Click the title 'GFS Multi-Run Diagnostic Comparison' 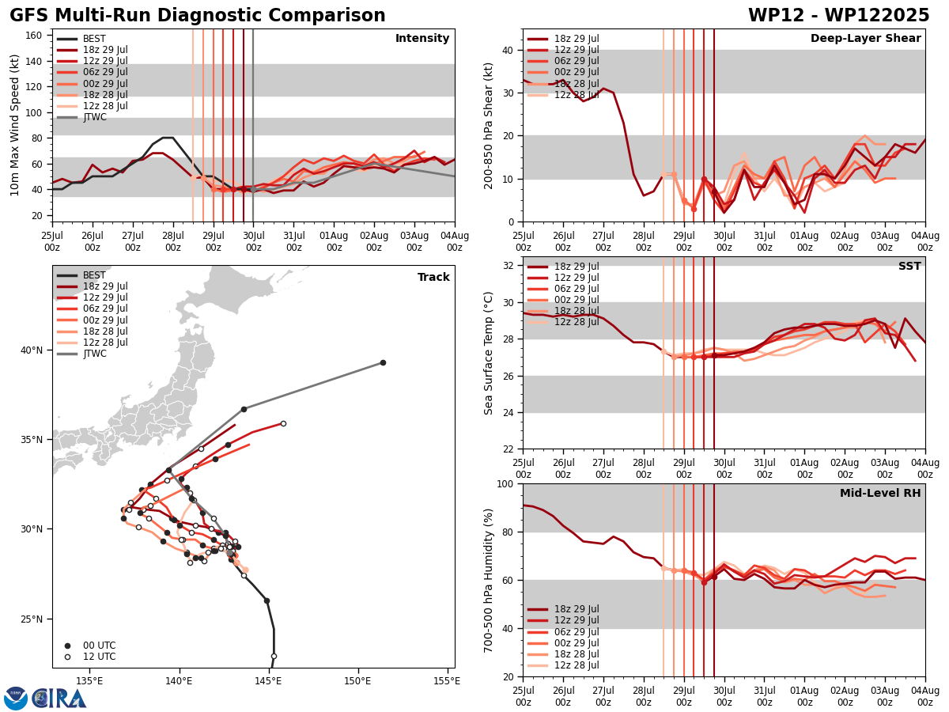coord(198,16)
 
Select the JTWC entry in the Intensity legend coord(94,117)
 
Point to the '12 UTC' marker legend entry coord(98,657)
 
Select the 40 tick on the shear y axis coord(508,50)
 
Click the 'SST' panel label coord(909,267)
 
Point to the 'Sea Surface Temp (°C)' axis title coord(489,353)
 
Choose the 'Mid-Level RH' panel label coord(880,494)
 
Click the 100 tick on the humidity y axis coord(505,483)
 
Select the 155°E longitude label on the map coord(447,680)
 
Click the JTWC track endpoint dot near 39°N coord(383,362)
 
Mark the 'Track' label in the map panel coord(433,278)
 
